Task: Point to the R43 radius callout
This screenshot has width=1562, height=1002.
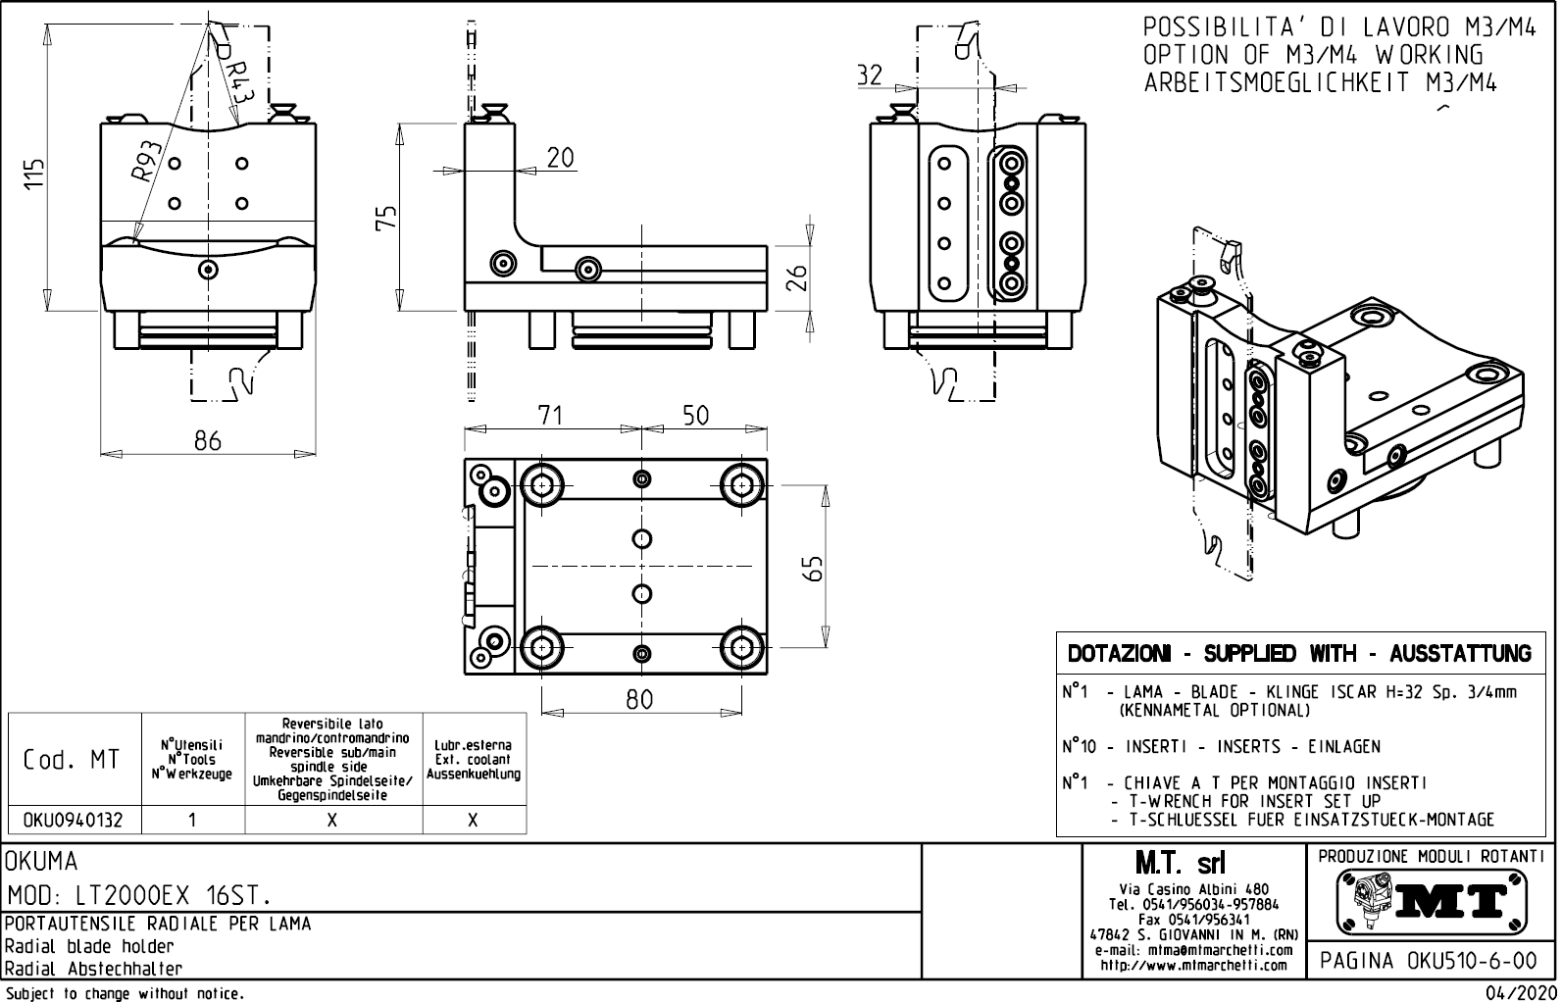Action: (x=236, y=78)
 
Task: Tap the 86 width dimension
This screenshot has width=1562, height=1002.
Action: (x=207, y=440)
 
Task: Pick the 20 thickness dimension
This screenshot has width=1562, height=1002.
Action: (x=560, y=158)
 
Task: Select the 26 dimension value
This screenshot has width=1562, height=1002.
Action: (x=798, y=277)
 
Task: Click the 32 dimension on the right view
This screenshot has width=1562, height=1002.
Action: (x=869, y=75)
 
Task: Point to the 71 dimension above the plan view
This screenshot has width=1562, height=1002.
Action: (x=551, y=415)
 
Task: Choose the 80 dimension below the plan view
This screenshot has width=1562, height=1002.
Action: (x=639, y=700)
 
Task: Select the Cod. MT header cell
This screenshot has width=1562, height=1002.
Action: (x=74, y=760)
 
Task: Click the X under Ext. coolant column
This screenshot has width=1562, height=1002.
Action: (x=473, y=820)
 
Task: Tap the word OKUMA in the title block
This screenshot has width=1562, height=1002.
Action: (x=41, y=862)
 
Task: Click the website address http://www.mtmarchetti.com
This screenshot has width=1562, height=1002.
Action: (x=1192, y=966)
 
